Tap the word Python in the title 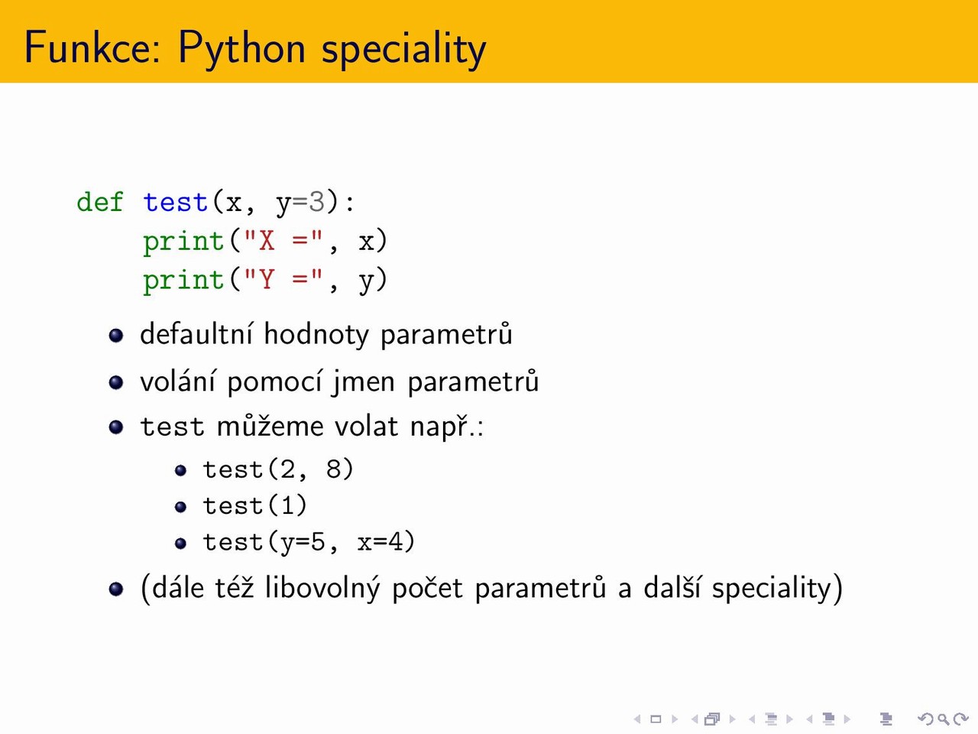point(242,49)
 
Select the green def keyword point(100,202)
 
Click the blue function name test point(176,202)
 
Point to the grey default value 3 point(316,202)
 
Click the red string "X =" point(283,241)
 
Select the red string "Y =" point(283,280)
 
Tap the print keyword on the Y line point(183,281)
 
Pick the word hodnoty point(316,335)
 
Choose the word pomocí point(274,382)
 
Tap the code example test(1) point(255,505)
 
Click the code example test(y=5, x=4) point(309,542)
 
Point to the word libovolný point(322,588)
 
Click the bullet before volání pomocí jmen point(116,382)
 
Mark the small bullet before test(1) point(180,507)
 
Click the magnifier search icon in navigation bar point(944,719)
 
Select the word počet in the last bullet point(427,589)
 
